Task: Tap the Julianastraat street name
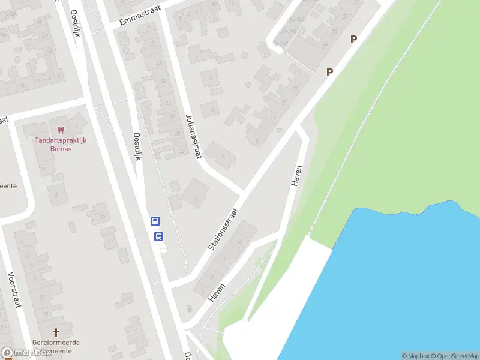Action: coord(193,136)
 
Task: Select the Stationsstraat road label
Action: coord(223,229)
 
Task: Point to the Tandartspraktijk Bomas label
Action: coord(60,144)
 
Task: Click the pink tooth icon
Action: coord(60,130)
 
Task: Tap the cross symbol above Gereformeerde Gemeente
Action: coord(56,332)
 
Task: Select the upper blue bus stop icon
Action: coord(155,221)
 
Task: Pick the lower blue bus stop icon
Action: coord(159,236)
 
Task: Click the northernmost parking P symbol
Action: coord(353,40)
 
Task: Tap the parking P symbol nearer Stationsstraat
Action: coord(329,72)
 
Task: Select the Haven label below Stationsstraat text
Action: coord(217,292)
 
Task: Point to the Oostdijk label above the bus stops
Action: coord(137,147)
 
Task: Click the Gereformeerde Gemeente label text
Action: coord(56,346)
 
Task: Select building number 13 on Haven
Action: coord(239,241)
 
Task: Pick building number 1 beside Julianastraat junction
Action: coord(195,198)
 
